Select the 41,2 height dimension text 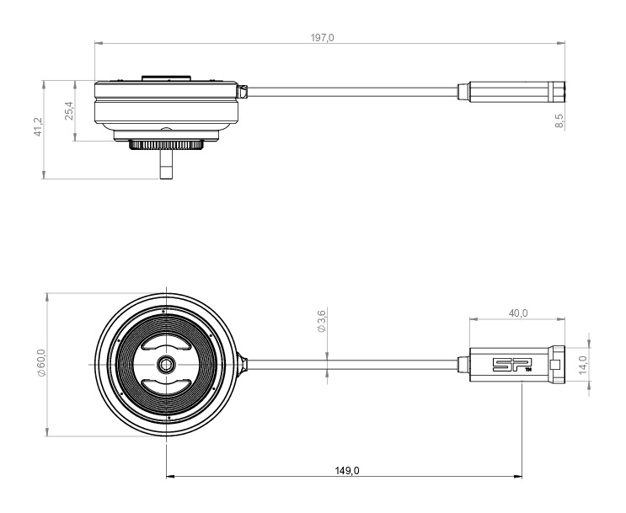[x=37, y=130]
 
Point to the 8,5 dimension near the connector [x=559, y=120]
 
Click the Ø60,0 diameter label [x=40, y=364]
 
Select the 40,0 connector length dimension [x=518, y=313]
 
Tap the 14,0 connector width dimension [x=581, y=364]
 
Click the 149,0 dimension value [x=345, y=470]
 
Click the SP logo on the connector [x=507, y=365]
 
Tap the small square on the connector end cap [x=554, y=365]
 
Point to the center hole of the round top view [x=166, y=364]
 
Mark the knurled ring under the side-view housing [x=166, y=145]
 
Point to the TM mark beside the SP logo [x=527, y=370]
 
